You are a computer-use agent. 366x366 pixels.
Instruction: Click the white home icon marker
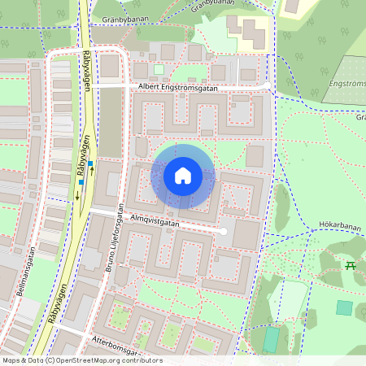(x=183, y=175)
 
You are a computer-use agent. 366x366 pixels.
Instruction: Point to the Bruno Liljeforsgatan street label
(x=113, y=235)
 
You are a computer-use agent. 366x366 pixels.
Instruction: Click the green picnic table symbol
(x=351, y=266)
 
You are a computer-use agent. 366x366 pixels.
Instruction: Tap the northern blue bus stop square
(x=90, y=163)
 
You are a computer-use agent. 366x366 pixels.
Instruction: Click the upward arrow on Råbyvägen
(x=92, y=172)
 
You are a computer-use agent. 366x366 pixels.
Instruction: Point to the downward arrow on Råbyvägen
(x=77, y=194)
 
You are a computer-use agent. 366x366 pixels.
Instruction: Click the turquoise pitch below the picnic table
(x=345, y=308)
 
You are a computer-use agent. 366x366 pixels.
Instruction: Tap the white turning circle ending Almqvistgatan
(x=224, y=233)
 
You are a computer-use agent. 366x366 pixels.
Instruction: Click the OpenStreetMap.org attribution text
(x=107, y=360)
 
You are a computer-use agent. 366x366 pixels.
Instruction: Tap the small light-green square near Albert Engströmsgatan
(x=159, y=69)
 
